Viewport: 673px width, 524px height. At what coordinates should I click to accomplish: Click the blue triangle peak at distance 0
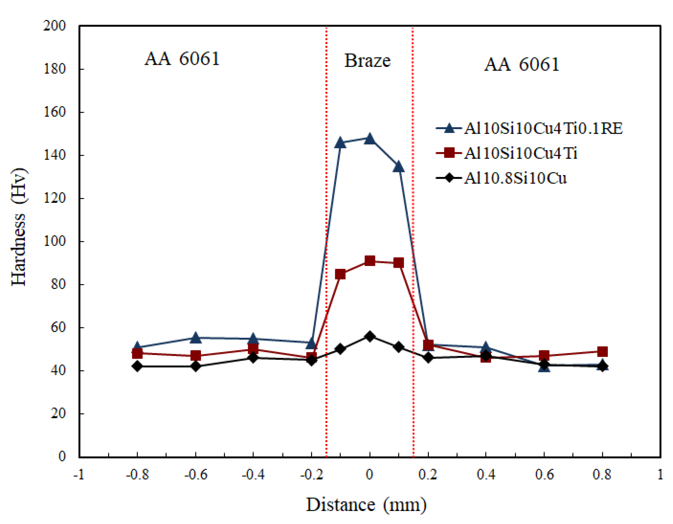pos(370,139)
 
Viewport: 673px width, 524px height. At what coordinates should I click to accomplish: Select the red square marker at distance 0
pos(370,261)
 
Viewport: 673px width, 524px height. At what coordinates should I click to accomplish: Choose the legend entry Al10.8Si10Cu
pos(515,178)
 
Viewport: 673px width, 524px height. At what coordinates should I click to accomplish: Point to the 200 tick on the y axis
pos(55,26)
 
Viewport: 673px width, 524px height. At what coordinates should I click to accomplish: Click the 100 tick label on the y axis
pos(55,241)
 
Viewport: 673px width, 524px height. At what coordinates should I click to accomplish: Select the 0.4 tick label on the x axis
pos(486,475)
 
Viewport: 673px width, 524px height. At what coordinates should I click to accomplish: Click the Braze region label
pos(367,60)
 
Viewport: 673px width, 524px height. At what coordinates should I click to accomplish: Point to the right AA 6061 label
pos(521,64)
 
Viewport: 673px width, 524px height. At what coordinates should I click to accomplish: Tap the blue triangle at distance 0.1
pos(398,167)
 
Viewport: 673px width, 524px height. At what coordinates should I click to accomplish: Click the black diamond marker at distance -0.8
pos(137,366)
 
